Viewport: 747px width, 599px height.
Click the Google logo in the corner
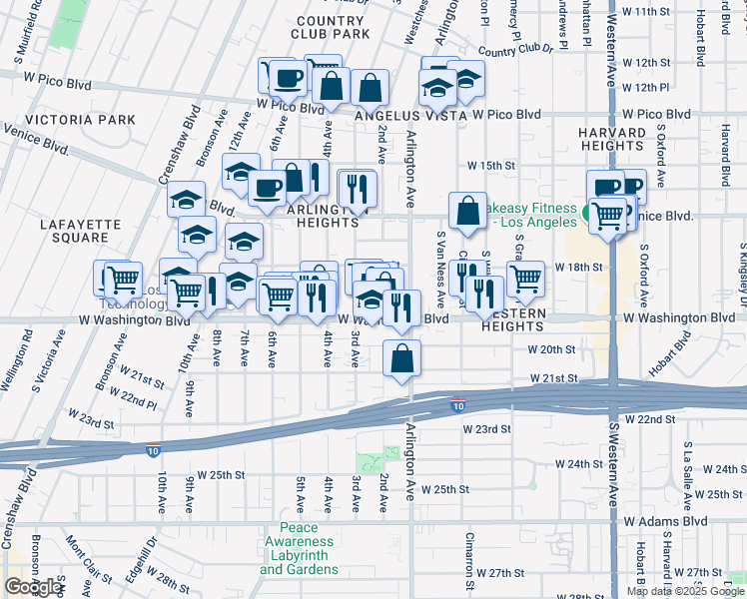pyautogui.click(x=33, y=587)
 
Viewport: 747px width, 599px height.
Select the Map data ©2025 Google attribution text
pyautogui.click(x=684, y=591)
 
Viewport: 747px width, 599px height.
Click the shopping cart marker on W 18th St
pyautogui.click(x=525, y=279)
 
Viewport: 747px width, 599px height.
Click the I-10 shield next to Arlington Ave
pyautogui.click(x=457, y=405)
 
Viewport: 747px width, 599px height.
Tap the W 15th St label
pyautogui.click(x=489, y=166)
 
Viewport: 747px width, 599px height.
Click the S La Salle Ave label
pyautogui.click(x=687, y=463)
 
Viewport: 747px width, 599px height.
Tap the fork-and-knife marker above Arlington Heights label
pyautogui.click(x=357, y=187)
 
